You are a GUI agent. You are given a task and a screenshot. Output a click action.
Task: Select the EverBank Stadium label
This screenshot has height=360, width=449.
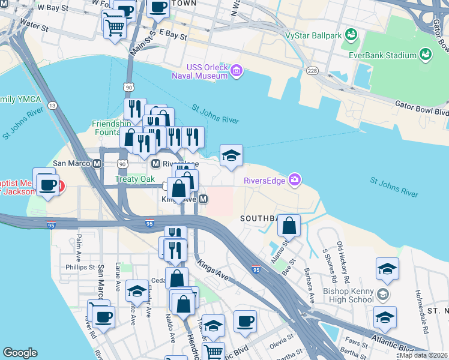click(383, 55)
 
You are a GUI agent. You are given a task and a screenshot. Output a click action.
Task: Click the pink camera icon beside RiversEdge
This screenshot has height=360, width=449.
click(294, 179)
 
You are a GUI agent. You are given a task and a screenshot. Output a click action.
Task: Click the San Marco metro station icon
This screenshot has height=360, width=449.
click(96, 163)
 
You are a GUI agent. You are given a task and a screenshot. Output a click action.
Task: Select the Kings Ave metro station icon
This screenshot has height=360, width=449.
click(203, 199)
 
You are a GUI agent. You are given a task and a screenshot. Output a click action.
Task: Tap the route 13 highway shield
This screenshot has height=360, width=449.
click(53, 106)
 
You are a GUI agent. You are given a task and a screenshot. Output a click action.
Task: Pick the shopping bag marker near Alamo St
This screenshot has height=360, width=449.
click(289, 226)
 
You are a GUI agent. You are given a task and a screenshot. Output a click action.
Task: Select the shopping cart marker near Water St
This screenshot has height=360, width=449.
click(115, 26)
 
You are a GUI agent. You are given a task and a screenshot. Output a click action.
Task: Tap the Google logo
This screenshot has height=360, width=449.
click(20, 353)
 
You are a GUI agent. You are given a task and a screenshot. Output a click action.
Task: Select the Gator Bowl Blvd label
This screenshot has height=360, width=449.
click(421, 108)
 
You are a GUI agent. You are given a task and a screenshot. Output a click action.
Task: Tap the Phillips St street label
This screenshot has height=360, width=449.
click(80, 267)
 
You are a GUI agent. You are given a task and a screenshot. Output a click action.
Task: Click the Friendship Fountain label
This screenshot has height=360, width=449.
click(110, 128)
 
